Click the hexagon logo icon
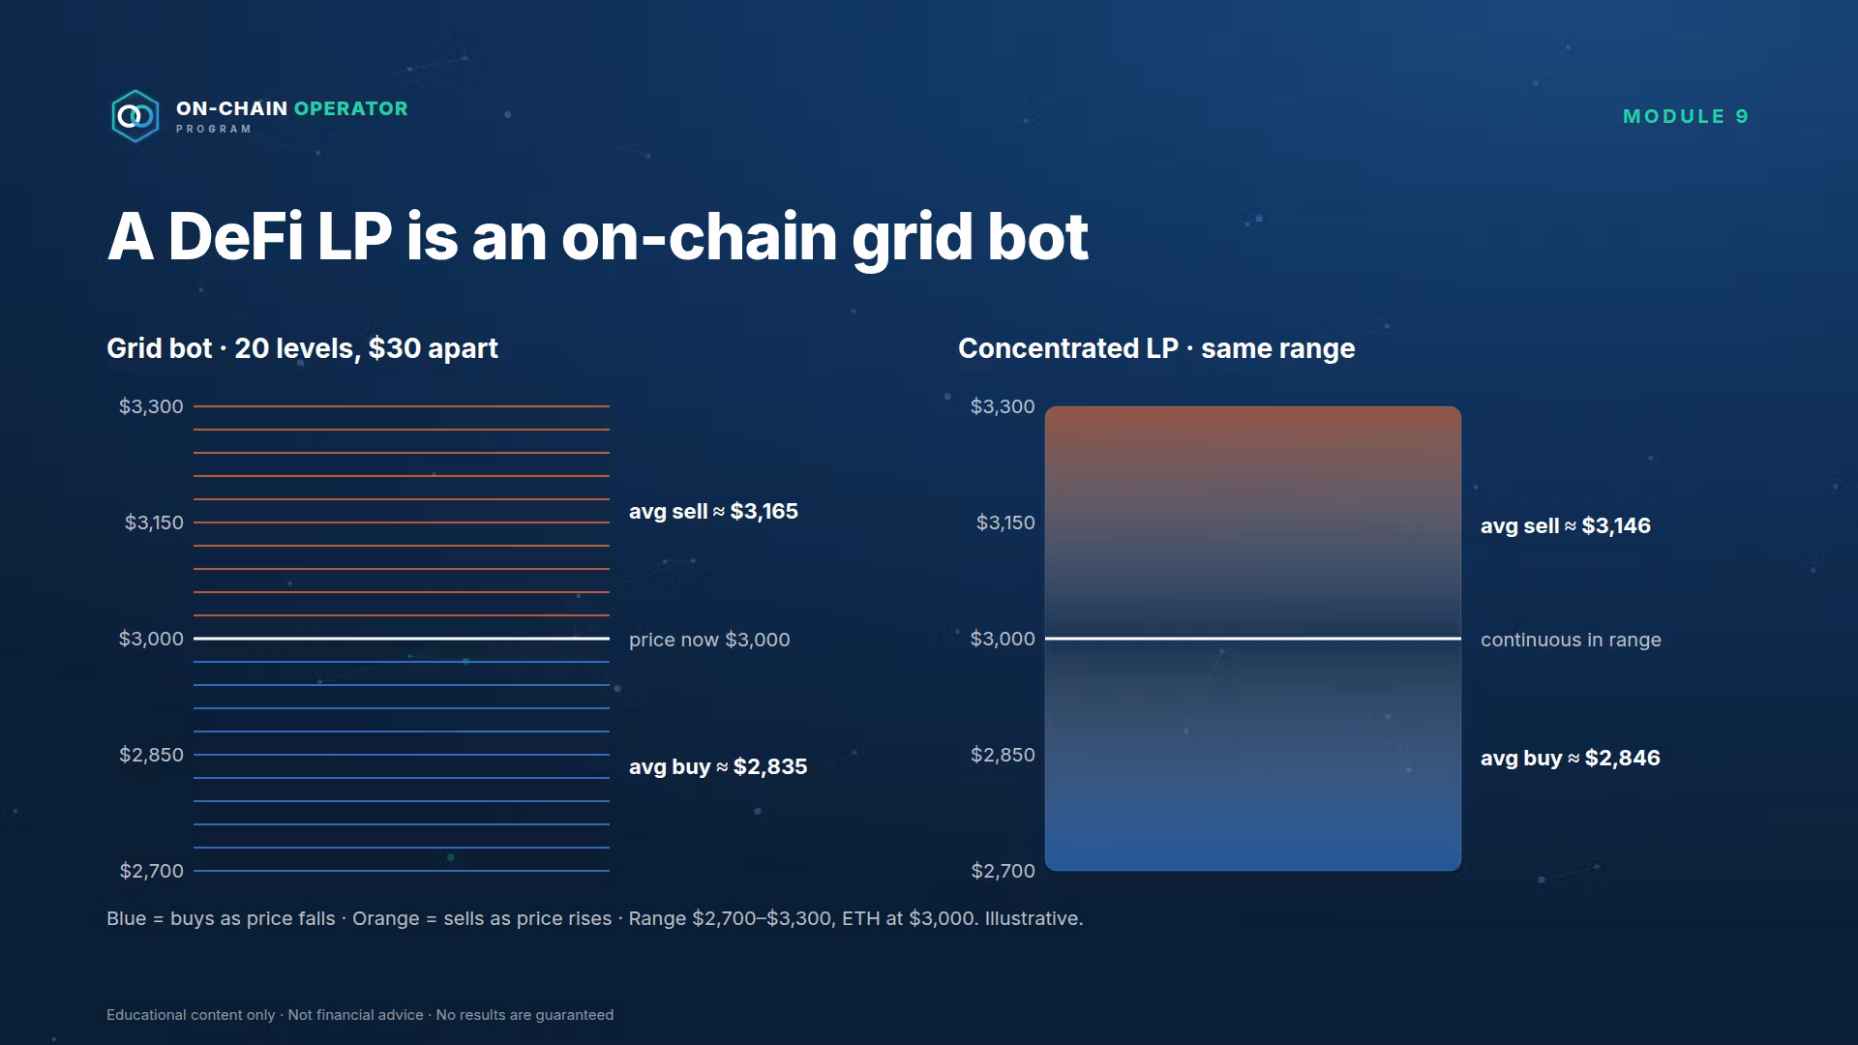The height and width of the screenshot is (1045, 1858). pos(135,116)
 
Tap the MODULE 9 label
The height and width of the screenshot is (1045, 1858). pos(1686,116)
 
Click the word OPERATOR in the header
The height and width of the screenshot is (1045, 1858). pos(350,108)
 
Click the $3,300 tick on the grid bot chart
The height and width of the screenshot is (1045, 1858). pos(151,406)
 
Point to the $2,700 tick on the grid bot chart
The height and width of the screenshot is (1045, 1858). pos(151,871)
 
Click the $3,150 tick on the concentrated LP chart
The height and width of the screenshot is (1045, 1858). pos(1005,522)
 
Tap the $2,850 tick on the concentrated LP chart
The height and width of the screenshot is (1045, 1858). pos(1003,755)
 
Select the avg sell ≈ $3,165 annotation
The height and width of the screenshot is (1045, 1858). pos(713,511)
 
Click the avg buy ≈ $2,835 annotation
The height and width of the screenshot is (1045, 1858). pos(718,766)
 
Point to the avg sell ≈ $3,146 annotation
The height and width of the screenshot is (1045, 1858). pos(1566,525)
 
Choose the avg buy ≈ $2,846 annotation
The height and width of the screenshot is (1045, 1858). pos(1571,758)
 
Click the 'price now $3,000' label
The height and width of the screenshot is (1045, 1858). pos(709,640)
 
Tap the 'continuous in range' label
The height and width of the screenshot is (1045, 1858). pos(1571,640)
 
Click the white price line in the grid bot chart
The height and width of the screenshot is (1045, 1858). pos(402,639)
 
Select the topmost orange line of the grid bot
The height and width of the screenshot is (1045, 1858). pos(402,406)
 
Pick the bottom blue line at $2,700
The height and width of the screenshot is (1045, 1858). pos(402,871)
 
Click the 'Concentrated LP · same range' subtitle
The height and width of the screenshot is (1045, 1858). pos(1156,348)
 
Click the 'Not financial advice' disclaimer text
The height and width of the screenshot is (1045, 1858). pos(355,1015)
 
